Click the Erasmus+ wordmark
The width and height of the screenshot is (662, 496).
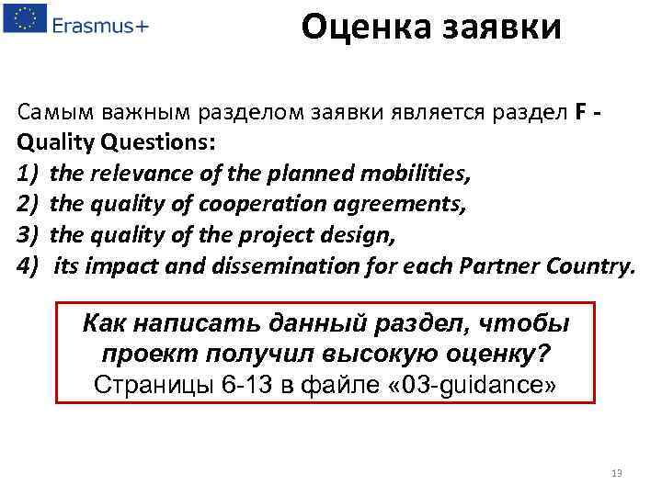click(99, 24)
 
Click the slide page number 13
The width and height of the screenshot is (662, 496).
click(616, 473)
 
